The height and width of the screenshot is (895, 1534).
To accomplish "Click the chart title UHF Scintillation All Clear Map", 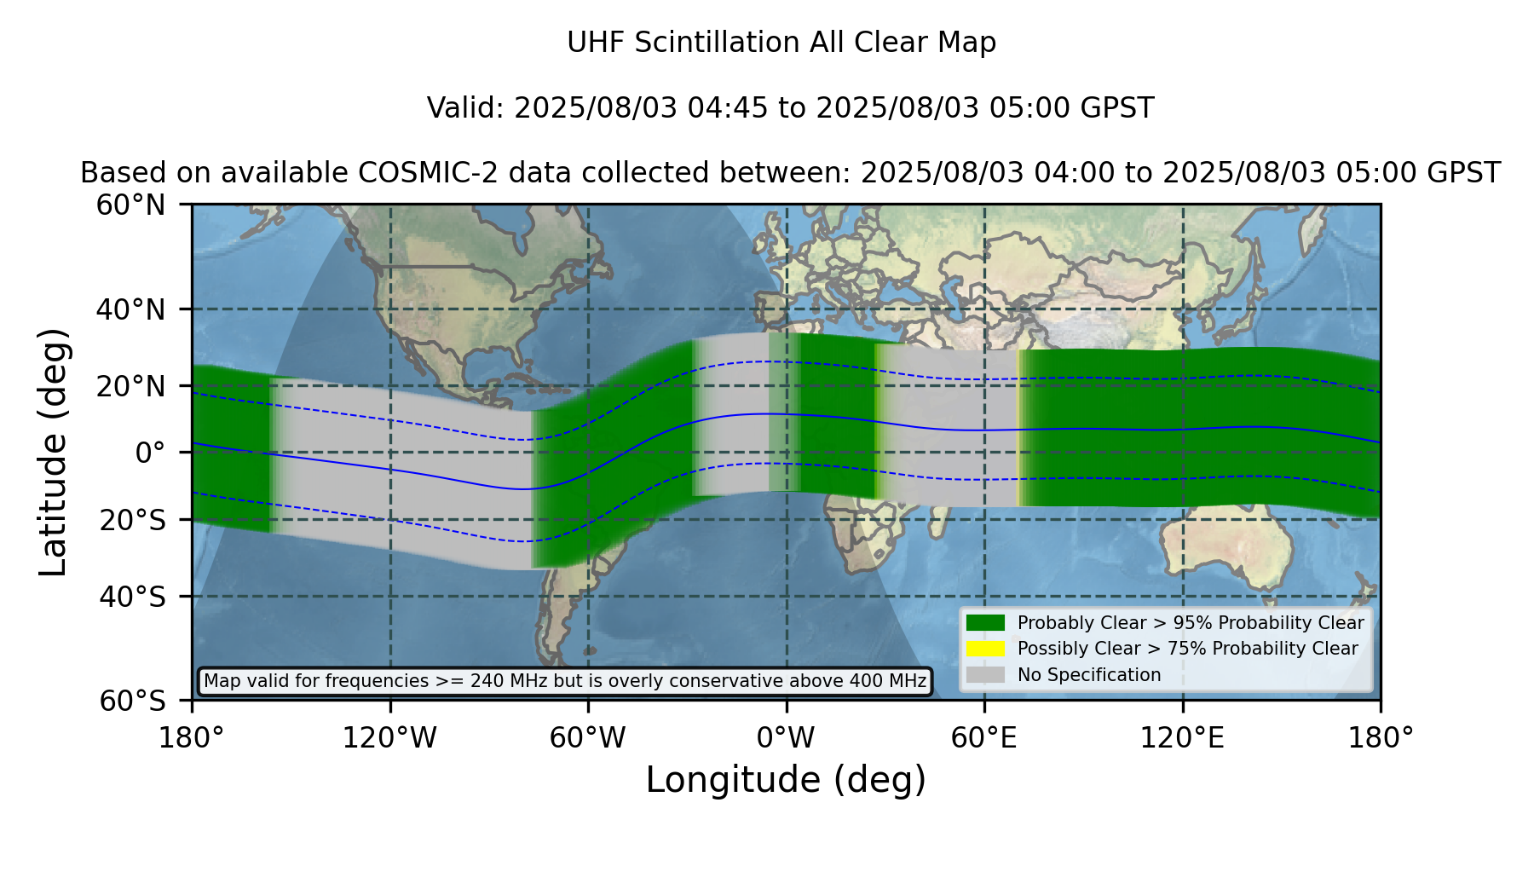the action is pos(781,43).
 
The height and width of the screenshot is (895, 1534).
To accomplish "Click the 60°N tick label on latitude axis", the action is pos(131,205).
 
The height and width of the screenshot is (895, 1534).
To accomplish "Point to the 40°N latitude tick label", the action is pos(131,309).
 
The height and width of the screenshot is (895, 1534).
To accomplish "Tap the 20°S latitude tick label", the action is pos(133,520).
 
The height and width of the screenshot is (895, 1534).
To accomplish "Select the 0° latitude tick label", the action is pos(150,453).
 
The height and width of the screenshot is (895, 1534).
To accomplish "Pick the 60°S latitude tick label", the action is pos(133,702).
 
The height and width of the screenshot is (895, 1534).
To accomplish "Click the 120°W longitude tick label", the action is pos(389,738).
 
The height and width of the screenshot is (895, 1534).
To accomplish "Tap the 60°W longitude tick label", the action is pos(588,738).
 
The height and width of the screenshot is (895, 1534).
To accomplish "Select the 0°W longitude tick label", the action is pos(786,738).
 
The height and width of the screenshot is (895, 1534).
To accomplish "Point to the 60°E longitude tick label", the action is pos(984,738).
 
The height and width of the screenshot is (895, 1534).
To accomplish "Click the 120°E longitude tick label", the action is pos(1182,738).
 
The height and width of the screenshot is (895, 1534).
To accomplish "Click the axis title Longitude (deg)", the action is pos(786,780).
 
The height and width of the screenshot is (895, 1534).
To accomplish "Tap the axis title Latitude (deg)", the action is pos(53,452).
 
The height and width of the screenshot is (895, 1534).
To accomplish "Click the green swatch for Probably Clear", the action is pos(986,622).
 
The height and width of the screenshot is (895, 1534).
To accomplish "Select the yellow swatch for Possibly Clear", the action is pos(986,648).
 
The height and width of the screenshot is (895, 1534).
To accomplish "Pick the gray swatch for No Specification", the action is pos(986,674).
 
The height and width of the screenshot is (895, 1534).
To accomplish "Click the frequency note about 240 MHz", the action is pos(565,681).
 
